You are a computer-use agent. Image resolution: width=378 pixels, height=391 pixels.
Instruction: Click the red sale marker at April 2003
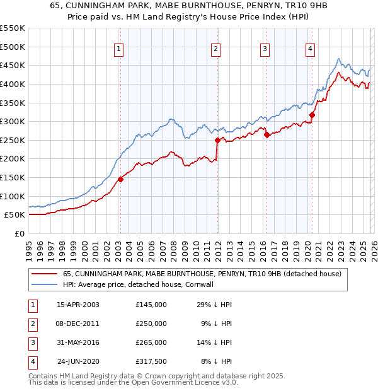point(120,179)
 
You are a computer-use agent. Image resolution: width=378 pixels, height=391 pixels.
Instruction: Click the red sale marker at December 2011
point(217,140)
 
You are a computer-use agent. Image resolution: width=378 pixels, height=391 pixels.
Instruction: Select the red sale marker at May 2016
point(266,134)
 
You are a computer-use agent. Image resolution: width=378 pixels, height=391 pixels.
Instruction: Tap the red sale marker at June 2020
point(312,115)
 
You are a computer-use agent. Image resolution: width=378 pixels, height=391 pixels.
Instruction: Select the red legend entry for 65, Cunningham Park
point(202,274)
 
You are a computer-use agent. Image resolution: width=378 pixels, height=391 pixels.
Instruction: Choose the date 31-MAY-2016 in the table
point(77,342)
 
